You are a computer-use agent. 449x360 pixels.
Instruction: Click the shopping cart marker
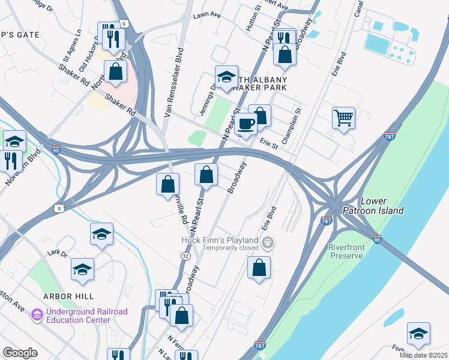pos(343,118)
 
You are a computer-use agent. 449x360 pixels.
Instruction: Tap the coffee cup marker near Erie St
pos(246,124)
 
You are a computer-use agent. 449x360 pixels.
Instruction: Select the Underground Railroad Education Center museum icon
pos(37,314)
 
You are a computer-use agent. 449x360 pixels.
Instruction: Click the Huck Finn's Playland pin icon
pos(268,243)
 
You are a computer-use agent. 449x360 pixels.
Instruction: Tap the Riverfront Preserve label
pos(346,251)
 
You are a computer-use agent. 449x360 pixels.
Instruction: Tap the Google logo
pos(20,353)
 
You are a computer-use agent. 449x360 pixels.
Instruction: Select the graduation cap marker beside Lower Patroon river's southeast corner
pos(418,334)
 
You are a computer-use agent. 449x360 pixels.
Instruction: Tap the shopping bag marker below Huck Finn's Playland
pos(259,268)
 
